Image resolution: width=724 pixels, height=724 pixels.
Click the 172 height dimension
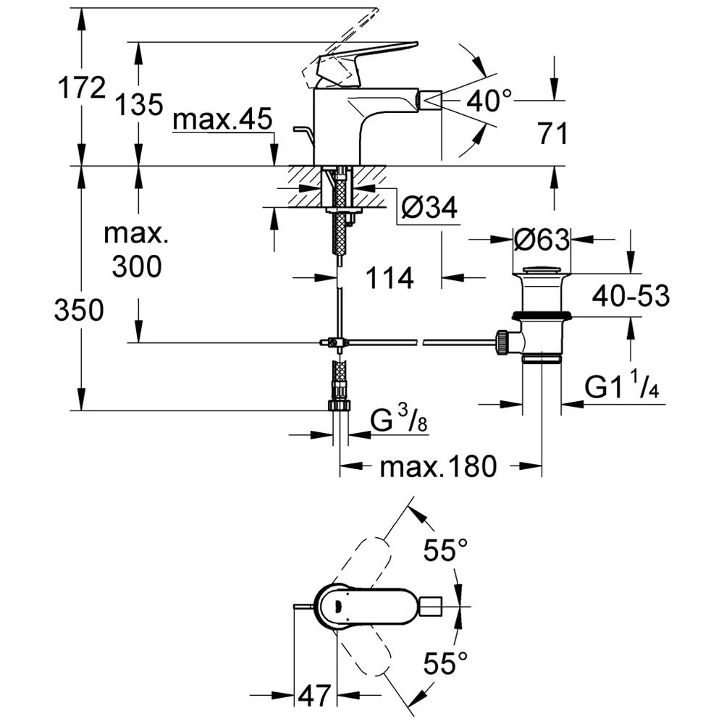(x=82, y=89)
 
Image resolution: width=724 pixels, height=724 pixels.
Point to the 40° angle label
(x=489, y=100)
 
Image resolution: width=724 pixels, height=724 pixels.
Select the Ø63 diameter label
(x=542, y=238)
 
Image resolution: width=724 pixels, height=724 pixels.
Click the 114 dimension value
(x=389, y=277)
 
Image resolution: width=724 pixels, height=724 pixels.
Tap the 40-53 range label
(x=630, y=296)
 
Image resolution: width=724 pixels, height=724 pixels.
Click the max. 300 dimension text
(x=137, y=251)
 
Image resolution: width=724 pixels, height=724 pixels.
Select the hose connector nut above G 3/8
(x=338, y=404)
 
